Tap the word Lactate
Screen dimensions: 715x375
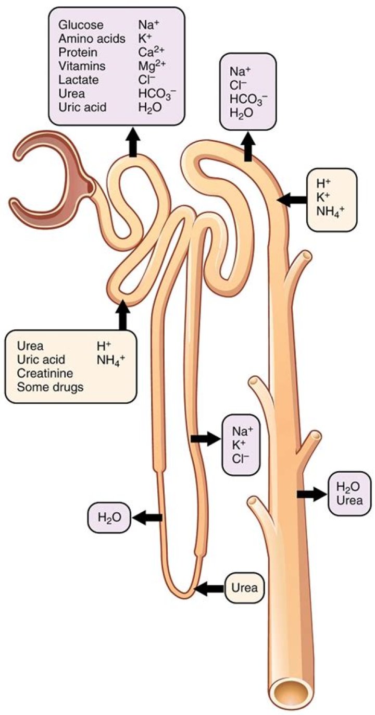coord(75,80)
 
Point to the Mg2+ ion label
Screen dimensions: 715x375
coord(150,66)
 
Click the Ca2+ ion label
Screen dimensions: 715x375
coord(149,53)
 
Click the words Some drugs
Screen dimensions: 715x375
coord(51,387)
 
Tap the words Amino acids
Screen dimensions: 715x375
coord(92,39)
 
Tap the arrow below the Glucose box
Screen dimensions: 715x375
coord(133,142)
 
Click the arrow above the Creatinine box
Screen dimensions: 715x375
coord(123,315)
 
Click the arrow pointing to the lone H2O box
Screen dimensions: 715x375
coord(147,517)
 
